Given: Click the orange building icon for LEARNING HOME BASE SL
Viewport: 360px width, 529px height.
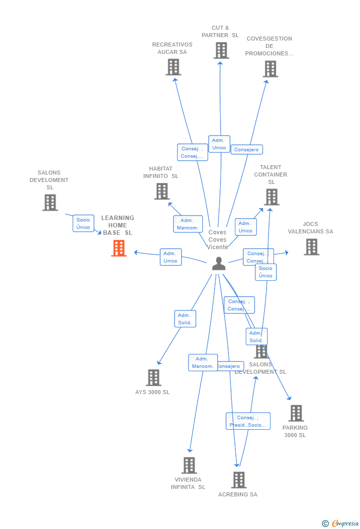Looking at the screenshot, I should tap(119, 248).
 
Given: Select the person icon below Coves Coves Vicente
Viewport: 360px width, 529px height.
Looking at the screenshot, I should tap(219, 264).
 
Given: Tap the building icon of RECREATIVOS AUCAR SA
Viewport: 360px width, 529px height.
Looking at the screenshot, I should tap(173, 67).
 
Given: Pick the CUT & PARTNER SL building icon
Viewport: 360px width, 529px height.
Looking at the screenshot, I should tap(221, 50).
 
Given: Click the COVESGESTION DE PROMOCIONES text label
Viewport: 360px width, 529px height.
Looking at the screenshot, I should tap(269, 46).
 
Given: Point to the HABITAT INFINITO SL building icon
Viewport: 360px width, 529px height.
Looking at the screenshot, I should tap(162, 191).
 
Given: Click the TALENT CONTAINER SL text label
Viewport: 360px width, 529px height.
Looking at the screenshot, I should tap(270, 175).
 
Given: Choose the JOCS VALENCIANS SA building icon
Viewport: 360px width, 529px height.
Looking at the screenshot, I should tap(312, 247).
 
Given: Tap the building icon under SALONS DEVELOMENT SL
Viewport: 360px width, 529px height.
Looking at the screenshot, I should tap(50, 203).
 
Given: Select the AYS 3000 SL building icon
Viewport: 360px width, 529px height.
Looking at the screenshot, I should tap(153, 378).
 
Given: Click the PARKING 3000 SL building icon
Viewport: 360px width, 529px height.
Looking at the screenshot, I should tap(296, 413).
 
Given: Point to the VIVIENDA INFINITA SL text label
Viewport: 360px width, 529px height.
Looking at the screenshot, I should tap(188, 483).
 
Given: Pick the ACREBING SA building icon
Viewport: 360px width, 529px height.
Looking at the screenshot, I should tap(239, 480).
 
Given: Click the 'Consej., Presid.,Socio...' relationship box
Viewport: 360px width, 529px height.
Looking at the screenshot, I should tap(248, 421).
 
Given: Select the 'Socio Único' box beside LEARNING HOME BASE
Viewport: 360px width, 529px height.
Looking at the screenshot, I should tap(83, 223).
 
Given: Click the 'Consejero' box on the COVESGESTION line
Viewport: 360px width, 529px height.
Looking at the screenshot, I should tap(246, 149).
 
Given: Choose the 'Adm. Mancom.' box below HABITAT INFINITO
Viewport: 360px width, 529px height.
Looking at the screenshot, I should tap(188, 224).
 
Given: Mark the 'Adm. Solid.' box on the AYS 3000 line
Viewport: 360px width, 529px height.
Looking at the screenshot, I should tap(185, 319).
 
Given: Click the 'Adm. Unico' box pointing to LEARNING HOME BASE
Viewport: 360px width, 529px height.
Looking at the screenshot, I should tap(171, 257).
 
